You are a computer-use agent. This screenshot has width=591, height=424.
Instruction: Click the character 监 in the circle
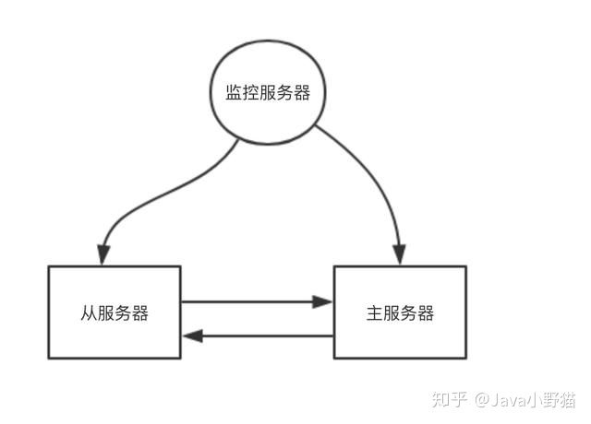[x=234, y=92]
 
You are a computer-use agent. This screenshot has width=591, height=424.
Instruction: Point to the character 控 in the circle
[x=250, y=92]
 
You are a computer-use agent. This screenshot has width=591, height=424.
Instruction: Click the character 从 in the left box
[x=89, y=313]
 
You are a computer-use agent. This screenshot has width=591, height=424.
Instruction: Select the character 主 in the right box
[x=374, y=313]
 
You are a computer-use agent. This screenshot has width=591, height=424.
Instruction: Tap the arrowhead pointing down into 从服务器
[x=103, y=254]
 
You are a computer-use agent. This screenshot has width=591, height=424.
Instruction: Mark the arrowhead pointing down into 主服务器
[x=399, y=254]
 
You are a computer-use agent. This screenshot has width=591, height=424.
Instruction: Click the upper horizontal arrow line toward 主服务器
[x=257, y=301]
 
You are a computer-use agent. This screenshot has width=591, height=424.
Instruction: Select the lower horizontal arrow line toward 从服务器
[x=258, y=336]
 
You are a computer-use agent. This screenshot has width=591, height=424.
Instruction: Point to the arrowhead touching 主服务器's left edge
[x=322, y=301]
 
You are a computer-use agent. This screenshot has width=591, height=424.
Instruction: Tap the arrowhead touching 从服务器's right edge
[x=193, y=336]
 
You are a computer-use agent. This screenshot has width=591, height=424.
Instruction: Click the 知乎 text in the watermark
[x=450, y=399]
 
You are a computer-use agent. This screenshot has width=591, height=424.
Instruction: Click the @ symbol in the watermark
[x=482, y=400]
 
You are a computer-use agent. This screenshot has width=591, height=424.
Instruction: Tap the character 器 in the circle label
[x=302, y=92]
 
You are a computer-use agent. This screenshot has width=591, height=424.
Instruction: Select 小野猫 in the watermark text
[x=551, y=400]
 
